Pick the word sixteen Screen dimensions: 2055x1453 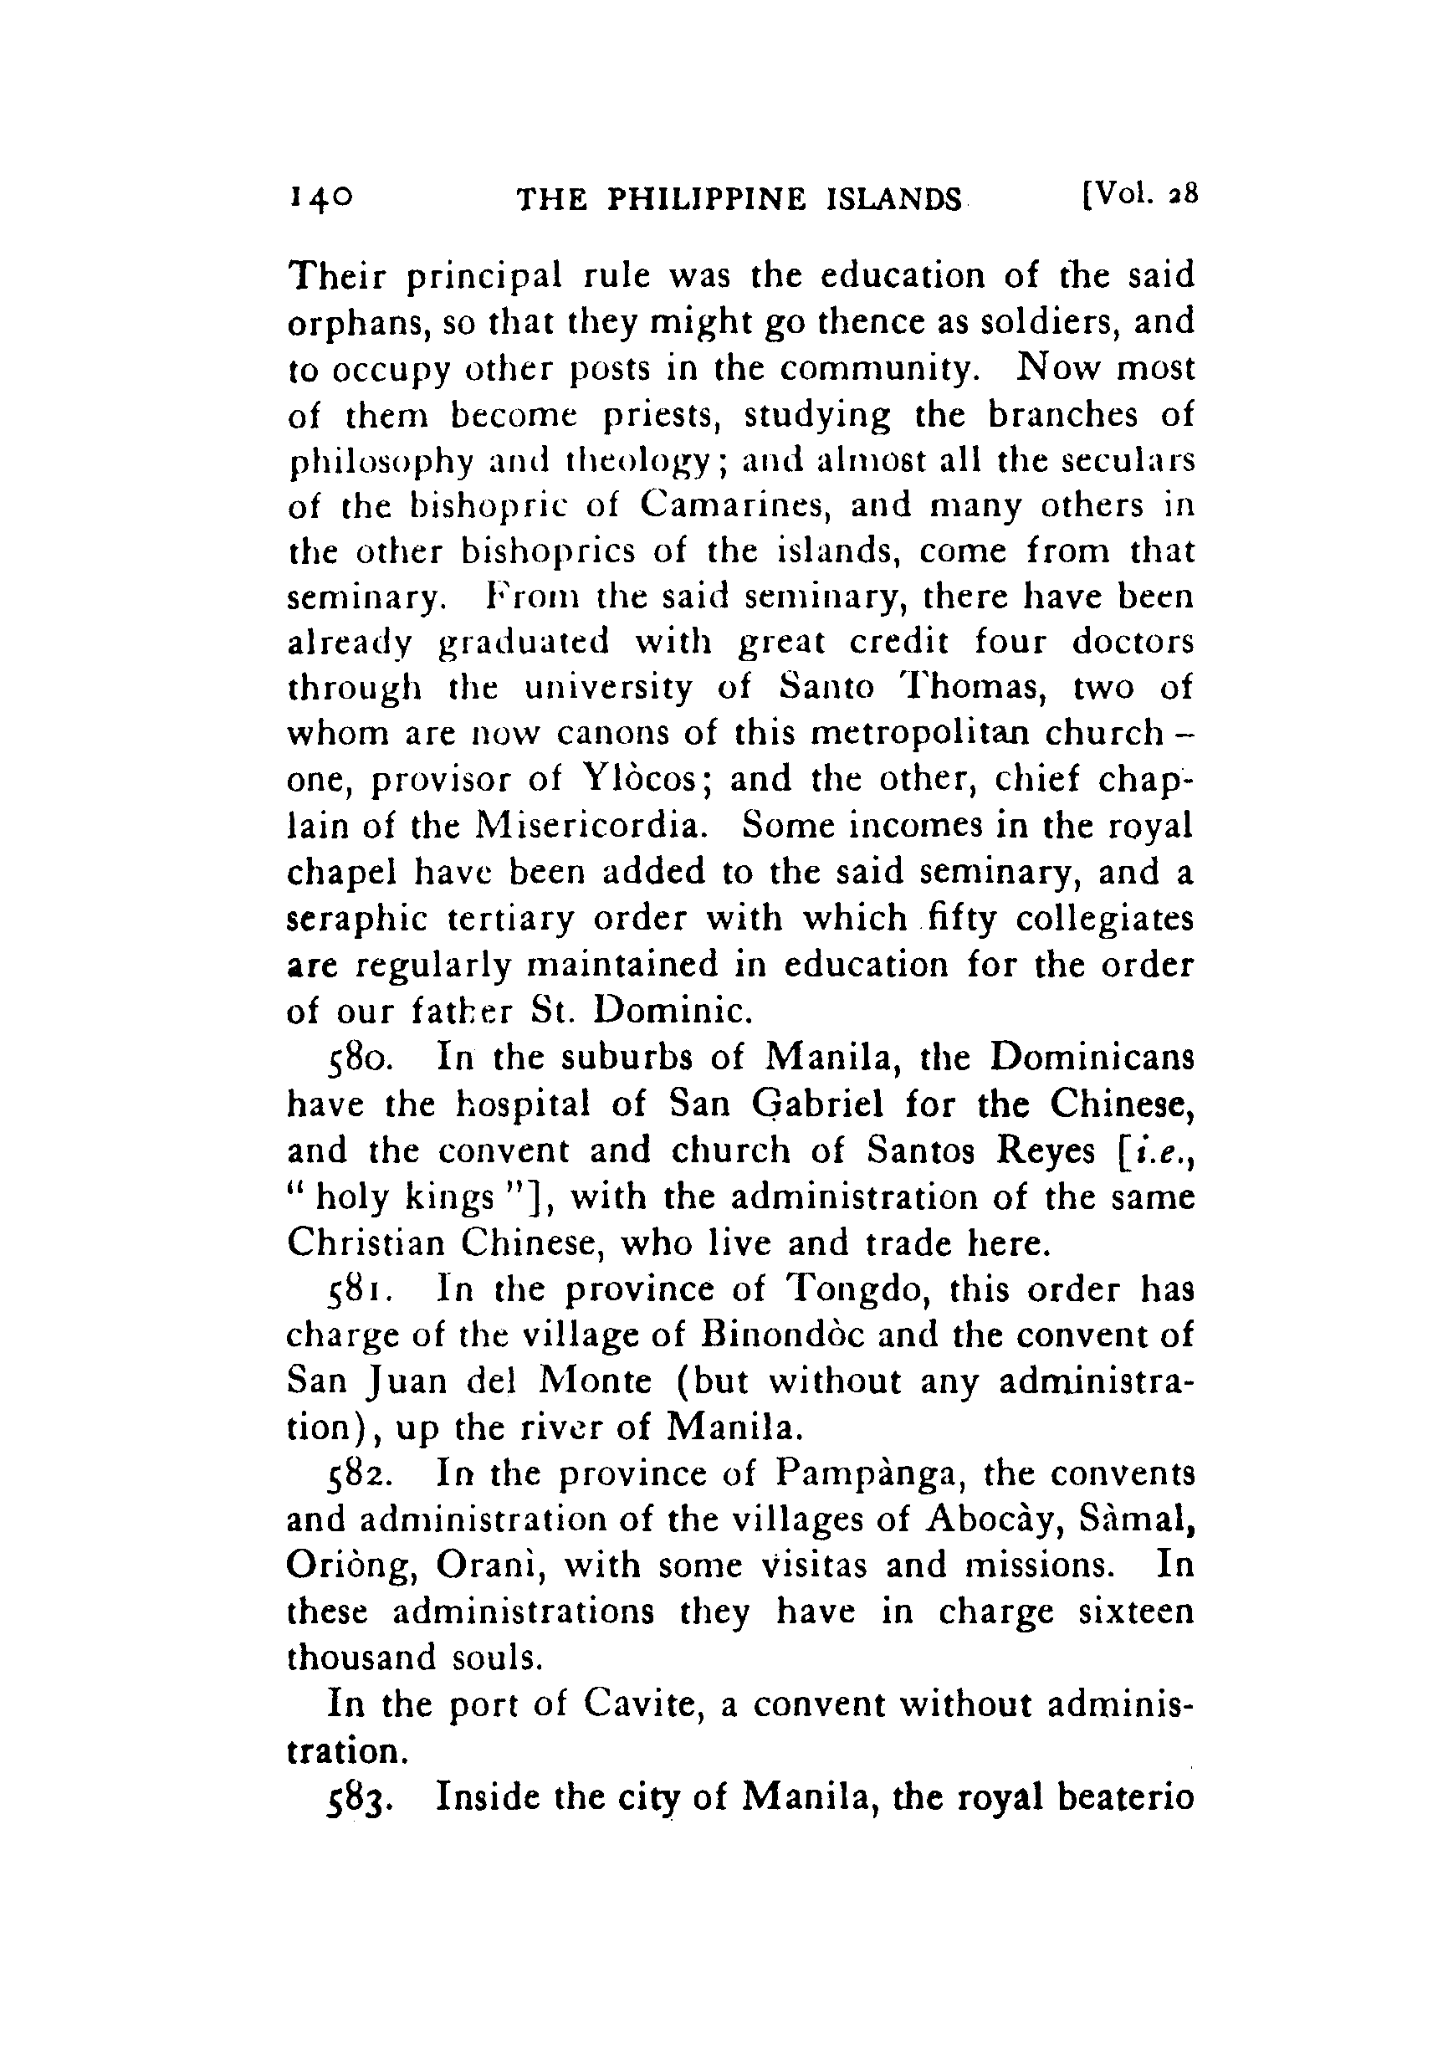click(x=1136, y=1611)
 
